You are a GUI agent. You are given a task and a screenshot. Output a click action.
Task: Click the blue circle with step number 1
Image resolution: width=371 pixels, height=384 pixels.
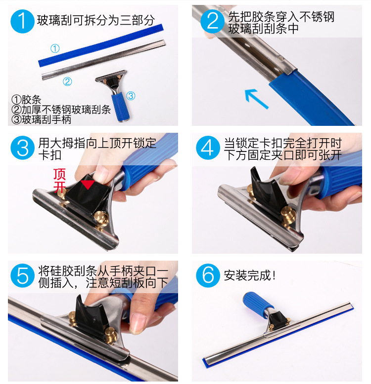pyautogui.click(x=22, y=21)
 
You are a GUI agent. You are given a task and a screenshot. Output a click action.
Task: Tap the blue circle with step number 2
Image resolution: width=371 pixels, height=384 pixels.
pyautogui.click(x=212, y=21)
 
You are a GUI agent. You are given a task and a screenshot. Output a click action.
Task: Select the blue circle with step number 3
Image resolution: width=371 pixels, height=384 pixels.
pyautogui.click(x=22, y=148)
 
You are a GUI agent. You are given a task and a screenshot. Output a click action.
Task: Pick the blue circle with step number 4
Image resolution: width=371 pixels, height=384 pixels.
pyautogui.click(x=208, y=148)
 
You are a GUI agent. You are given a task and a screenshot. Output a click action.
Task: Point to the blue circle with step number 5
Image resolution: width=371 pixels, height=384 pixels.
pyautogui.click(x=22, y=275)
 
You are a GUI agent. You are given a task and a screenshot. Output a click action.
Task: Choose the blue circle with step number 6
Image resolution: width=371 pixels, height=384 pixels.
pyautogui.click(x=208, y=275)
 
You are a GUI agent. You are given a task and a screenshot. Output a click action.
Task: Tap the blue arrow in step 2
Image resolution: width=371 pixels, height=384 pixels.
pyautogui.click(x=256, y=99)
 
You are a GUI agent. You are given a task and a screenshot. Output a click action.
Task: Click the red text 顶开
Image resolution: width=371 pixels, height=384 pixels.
pyautogui.click(x=60, y=181)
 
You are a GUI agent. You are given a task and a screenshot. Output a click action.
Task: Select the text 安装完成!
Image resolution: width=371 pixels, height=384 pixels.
pyautogui.click(x=249, y=275)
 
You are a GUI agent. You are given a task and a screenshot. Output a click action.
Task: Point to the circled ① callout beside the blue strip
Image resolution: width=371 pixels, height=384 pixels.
pyautogui.click(x=55, y=48)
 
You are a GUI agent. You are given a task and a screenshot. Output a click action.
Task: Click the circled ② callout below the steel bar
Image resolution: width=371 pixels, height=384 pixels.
pyautogui.click(x=67, y=81)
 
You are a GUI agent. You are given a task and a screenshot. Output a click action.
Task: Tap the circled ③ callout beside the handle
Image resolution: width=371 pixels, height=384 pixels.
pyautogui.click(x=131, y=96)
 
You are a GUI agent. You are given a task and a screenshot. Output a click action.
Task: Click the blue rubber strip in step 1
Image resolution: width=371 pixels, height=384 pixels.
pyautogui.click(x=101, y=45)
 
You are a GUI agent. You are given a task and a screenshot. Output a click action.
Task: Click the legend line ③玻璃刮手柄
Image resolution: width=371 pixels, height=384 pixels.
pyautogui.click(x=41, y=119)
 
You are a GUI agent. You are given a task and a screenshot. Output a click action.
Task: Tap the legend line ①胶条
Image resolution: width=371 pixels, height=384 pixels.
pyautogui.click(x=26, y=99)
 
